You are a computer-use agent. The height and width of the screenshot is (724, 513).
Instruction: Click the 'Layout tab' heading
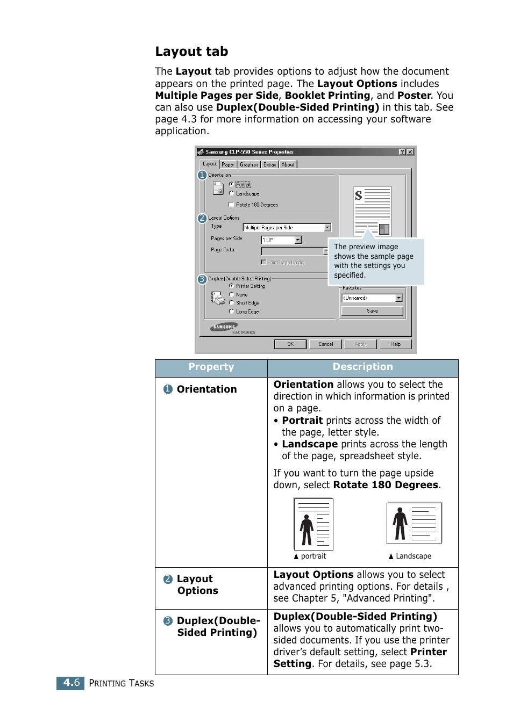[191, 52]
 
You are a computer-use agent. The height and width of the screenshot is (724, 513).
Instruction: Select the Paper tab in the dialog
[228, 165]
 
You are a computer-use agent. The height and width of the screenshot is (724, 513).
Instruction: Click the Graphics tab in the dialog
[249, 165]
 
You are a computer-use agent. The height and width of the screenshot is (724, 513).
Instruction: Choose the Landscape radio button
[231, 193]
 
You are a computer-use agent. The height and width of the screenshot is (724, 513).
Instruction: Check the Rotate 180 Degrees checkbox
[231, 205]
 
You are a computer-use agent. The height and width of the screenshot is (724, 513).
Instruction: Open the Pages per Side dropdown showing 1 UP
[298, 240]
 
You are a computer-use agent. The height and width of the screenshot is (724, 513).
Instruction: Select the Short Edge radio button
[231, 303]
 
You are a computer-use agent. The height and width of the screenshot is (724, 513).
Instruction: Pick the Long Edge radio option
[231, 312]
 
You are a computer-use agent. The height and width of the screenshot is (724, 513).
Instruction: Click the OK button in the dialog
[290, 344]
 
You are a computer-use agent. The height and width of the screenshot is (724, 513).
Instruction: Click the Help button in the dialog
[395, 344]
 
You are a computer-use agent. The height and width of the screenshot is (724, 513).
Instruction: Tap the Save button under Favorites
[372, 311]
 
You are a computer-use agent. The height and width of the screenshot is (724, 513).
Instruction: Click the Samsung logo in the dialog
[225, 327]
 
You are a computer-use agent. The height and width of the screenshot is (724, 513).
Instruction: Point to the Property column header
[211, 367]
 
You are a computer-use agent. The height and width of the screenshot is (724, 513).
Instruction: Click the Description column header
[362, 367]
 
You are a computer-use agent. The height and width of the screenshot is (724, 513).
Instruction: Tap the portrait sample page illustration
[313, 524]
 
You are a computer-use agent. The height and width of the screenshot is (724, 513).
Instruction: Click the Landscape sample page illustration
[414, 523]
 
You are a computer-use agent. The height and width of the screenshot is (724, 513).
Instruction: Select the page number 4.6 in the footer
[71, 683]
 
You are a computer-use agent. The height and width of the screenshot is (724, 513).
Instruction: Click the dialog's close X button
[410, 152]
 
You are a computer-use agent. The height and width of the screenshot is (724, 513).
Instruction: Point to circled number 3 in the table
[168, 621]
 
